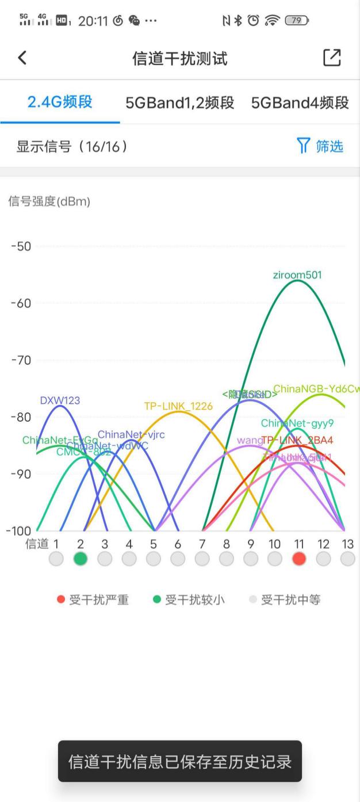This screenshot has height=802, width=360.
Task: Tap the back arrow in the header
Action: pos(22,58)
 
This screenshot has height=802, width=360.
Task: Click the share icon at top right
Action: pos(332,58)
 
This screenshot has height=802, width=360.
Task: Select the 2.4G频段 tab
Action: pos(60,102)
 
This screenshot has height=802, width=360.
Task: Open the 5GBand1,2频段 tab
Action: pos(179,103)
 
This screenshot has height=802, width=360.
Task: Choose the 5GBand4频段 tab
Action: pos(300,103)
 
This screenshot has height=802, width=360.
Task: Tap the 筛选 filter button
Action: pos(320,146)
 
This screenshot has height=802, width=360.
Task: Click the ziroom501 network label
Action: pos(297,275)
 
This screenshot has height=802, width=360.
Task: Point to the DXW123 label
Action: pos(60,400)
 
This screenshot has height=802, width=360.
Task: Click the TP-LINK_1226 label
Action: pos(178,406)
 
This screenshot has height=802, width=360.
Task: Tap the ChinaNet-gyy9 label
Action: pos(297,423)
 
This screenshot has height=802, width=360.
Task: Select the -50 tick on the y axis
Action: pos(22,246)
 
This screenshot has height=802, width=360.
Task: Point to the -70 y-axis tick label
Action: pos(22,360)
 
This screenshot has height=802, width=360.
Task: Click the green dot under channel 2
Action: pos(81,558)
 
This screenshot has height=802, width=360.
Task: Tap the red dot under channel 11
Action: pos(298,558)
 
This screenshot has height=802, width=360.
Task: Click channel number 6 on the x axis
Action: pos(178,544)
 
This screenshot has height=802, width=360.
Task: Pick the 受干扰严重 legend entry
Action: pos(93,600)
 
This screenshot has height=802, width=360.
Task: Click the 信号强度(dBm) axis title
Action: pos(49,201)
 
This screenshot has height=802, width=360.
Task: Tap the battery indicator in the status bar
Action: pos(297,21)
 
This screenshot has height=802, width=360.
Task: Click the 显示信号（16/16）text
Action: pos(72,146)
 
